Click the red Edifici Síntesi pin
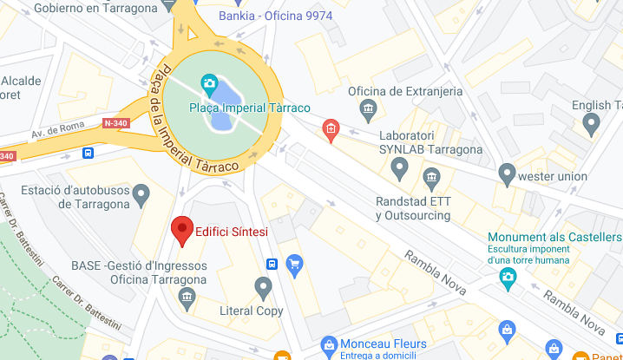tap(181, 229)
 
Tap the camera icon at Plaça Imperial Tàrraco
tap(209, 83)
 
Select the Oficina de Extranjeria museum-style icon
tap(368, 110)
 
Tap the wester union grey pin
tap(508, 175)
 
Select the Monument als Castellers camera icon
tap(508, 277)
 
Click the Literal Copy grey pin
tap(264, 287)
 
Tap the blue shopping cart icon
tap(294, 263)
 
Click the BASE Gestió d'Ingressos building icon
tap(186, 298)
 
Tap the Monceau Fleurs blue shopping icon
tap(327, 346)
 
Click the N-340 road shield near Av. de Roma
tap(115, 123)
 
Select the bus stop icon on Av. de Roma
tap(89, 153)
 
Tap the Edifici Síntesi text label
tap(232, 232)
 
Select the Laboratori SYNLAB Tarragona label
tap(430, 142)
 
